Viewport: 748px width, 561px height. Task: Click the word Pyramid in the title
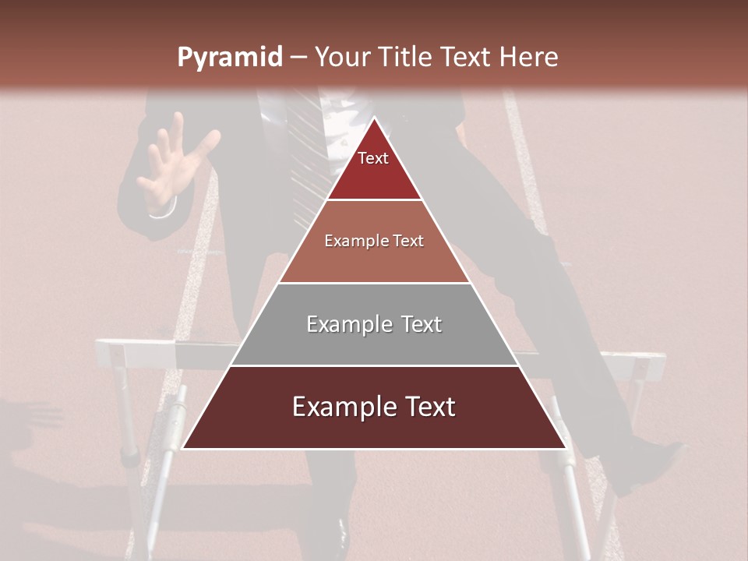click(x=229, y=58)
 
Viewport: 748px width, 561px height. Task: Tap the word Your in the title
click(x=341, y=58)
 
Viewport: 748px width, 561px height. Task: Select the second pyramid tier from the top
click(x=374, y=242)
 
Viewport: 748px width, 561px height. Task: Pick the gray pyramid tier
click(x=374, y=324)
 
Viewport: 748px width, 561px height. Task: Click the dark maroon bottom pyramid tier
click(x=374, y=408)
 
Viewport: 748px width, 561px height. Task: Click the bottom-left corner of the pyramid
click(x=184, y=448)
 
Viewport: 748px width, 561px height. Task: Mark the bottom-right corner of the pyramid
click(x=565, y=448)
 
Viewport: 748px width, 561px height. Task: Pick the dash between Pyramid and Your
click(x=298, y=58)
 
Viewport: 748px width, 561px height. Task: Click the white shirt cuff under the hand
click(x=162, y=210)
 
